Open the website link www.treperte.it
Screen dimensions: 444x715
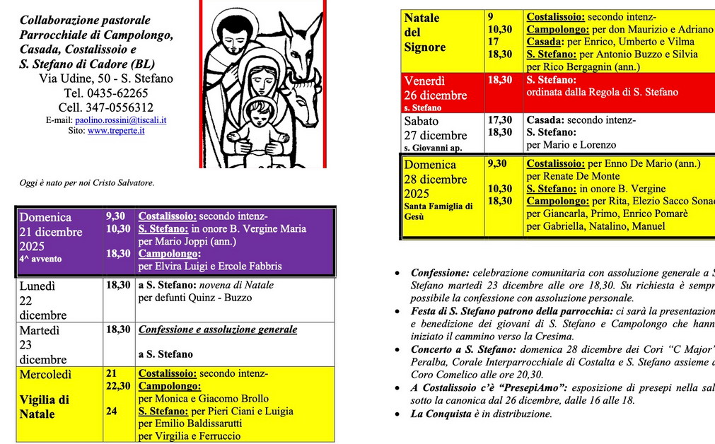116,131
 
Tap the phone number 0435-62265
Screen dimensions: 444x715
117,93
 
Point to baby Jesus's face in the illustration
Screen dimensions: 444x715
260,113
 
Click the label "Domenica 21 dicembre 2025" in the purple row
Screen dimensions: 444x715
51,232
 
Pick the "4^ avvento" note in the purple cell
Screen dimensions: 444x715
40,259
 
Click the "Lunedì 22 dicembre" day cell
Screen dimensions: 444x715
43,300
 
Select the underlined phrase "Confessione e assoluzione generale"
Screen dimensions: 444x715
218,329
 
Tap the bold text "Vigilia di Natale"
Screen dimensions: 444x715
44,407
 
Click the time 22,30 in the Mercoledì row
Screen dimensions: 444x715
118,386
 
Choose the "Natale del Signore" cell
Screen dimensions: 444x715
425,33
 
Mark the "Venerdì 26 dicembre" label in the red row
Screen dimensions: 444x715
435,88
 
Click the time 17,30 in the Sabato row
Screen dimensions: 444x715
500,120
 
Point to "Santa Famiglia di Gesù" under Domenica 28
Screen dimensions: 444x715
438,211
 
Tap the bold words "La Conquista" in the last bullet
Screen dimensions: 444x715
441,414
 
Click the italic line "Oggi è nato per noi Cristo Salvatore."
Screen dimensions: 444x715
87,183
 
